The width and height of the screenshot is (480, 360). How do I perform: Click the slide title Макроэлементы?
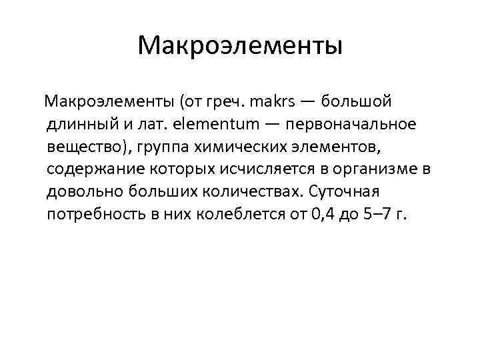(x=240, y=46)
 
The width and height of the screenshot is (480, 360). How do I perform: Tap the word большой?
(x=357, y=101)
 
